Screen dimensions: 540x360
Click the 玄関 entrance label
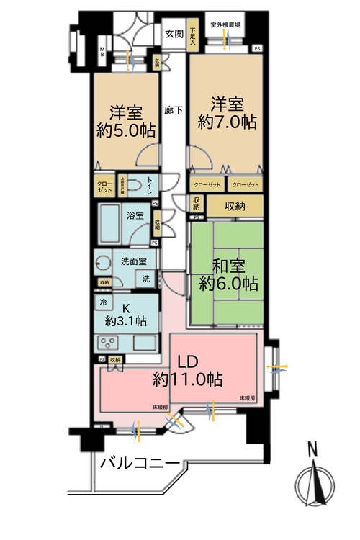click(x=174, y=33)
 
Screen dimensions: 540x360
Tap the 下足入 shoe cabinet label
click(x=193, y=36)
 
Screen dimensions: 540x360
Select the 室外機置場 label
click(x=225, y=24)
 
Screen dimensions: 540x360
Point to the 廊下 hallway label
click(x=173, y=111)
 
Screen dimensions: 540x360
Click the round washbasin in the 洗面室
click(x=103, y=264)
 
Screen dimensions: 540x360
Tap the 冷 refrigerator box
click(x=103, y=302)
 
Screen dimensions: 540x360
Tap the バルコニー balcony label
click(x=139, y=463)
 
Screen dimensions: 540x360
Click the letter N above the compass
click(x=312, y=451)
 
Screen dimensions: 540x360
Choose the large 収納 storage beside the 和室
click(x=235, y=206)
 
